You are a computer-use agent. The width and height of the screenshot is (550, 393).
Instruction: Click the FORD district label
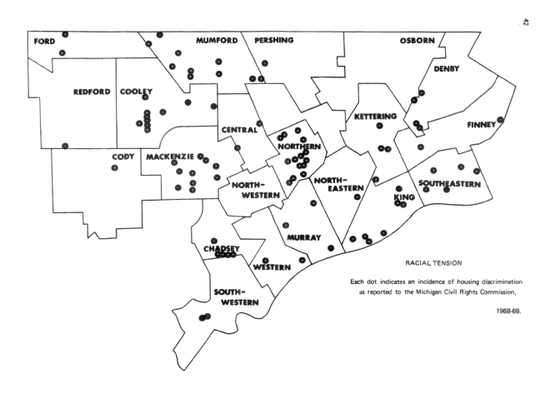pos(44,41)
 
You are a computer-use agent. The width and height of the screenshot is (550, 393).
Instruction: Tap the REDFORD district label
pos(92,93)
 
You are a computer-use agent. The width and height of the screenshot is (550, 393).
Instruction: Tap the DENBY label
pos(447,68)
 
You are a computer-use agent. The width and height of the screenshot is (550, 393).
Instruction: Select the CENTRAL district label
pos(239,129)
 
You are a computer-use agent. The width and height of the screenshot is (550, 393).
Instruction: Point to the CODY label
pos(122,156)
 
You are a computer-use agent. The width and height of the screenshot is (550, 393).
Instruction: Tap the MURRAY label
pos(303,237)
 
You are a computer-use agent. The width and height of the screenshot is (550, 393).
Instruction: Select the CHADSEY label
pos(222,248)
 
